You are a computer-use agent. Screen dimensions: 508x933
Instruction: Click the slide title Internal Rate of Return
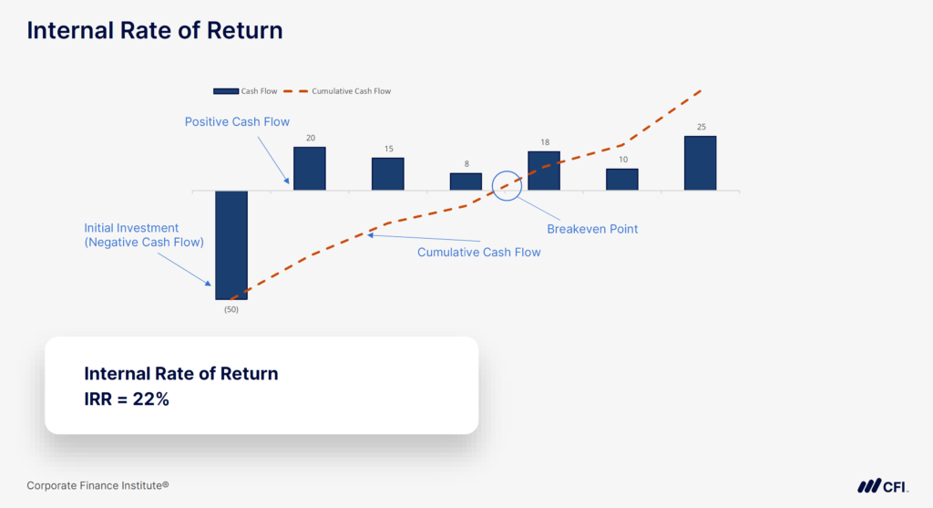pyautogui.click(x=154, y=30)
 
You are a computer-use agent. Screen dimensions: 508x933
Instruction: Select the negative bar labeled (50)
pyautogui.click(x=231, y=244)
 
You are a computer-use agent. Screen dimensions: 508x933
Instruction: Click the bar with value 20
pyautogui.click(x=309, y=168)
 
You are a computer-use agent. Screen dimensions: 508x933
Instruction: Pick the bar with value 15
pyautogui.click(x=387, y=173)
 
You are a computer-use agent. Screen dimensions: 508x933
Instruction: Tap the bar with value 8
pyautogui.click(x=466, y=181)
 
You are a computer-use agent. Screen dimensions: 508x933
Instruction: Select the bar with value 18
pyautogui.click(x=544, y=171)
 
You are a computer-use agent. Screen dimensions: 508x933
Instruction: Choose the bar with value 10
pyautogui.click(x=622, y=179)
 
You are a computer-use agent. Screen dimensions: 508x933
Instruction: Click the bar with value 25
pyautogui.click(x=701, y=163)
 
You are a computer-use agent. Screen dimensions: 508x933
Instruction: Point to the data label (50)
pyautogui.click(x=231, y=309)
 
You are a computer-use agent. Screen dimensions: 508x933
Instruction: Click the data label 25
pyautogui.click(x=701, y=127)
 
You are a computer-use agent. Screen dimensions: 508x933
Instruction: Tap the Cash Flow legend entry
pyautogui.click(x=239, y=91)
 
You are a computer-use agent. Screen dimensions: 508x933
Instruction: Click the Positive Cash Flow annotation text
pyautogui.click(x=237, y=121)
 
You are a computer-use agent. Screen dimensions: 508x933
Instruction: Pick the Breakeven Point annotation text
pyautogui.click(x=592, y=229)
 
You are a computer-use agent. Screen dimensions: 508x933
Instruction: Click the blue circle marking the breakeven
pyautogui.click(x=507, y=185)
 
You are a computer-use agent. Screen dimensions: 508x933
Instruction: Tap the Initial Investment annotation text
pyautogui.click(x=144, y=235)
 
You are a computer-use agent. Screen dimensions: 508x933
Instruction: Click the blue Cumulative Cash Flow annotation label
pyautogui.click(x=478, y=252)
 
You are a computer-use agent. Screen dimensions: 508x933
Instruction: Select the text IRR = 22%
pyautogui.click(x=127, y=399)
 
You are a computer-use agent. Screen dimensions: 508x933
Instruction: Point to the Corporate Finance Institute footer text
pyautogui.click(x=97, y=486)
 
